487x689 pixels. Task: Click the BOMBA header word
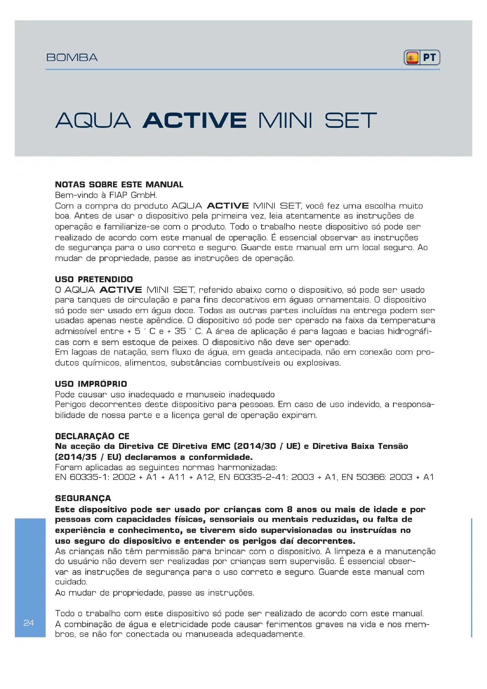click(72, 57)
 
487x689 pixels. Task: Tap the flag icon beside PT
click(412, 58)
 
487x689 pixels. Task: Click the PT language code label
click(429, 57)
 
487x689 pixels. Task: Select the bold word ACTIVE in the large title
click(195, 120)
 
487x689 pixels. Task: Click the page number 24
click(29, 623)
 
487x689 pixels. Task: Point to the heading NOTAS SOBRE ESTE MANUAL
click(119, 185)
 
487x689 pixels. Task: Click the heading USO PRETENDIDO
click(94, 279)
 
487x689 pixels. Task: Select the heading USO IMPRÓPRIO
click(91, 384)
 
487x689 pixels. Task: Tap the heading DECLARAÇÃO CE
click(92, 436)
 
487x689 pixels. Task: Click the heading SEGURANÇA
click(83, 498)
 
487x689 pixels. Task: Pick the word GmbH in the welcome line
click(144, 195)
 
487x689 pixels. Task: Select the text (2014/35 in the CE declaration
click(76, 457)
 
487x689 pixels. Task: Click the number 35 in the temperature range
click(180, 331)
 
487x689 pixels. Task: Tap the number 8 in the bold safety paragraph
click(290, 509)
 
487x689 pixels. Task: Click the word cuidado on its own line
click(71, 582)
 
